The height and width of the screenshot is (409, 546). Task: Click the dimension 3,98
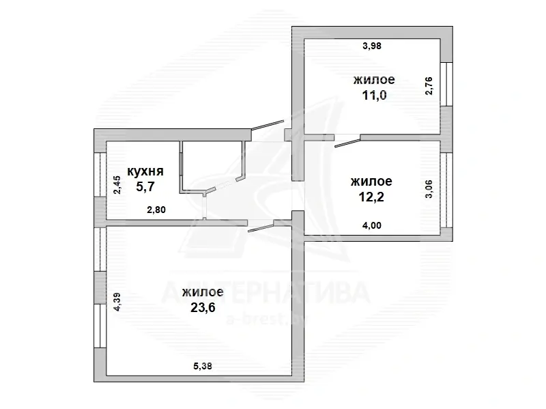(x=372, y=46)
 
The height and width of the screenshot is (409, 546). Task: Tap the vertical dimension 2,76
(x=429, y=86)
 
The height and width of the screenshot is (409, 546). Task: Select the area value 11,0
(x=374, y=95)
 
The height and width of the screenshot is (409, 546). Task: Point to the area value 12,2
(x=371, y=197)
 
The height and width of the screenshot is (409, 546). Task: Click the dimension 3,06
(x=429, y=189)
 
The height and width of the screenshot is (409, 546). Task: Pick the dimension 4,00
(x=372, y=225)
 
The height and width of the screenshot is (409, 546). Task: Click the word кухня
(x=145, y=171)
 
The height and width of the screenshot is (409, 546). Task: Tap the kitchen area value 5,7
(x=145, y=186)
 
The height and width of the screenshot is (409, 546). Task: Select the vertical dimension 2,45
(x=117, y=185)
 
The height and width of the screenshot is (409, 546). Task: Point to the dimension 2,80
(x=156, y=210)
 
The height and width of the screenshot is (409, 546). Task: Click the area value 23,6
(x=203, y=308)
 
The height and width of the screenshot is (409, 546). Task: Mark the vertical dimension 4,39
(x=117, y=302)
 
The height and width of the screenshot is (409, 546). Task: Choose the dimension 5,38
(x=202, y=366)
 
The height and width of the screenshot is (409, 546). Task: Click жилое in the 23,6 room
(x=203, y=292)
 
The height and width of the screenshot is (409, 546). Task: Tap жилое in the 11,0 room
(x=374, y=79)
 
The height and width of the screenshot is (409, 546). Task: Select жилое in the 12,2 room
(x=371, y=182)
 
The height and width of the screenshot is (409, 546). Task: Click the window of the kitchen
(x=100, y=175)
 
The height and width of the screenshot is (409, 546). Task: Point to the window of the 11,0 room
(x=446, y=84)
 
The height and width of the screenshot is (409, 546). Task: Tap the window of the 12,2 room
(x=446, y=191)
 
